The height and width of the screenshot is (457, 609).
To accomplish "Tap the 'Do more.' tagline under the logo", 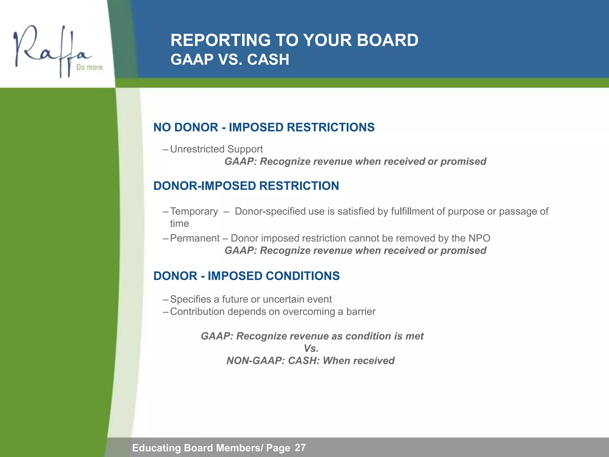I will pyautogui.click(x=90, y=67).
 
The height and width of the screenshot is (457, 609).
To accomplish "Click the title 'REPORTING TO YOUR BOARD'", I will pyautogui.click(x=294, y=40).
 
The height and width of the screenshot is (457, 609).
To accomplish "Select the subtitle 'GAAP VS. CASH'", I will pyautogui.click(x=230, y=60).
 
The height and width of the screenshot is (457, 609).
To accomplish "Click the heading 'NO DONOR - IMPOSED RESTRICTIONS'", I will pyautogui.click(x=264, y=127).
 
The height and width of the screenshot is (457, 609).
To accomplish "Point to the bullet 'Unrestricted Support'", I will pyautogui.click(x=216, y=149).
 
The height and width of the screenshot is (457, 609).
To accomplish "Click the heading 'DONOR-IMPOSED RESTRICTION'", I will pyautogui.click(x=246, y=186).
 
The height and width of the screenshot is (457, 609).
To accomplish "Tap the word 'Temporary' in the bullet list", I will pyautogui.click(x=194, y=211).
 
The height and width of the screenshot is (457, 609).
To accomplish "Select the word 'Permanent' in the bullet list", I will pyautogui.click(x=195, y=238).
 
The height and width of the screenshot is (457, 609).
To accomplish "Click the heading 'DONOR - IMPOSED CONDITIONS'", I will pyautogui.click(x=246, y=276).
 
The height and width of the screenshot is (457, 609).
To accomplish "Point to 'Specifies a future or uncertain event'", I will pyautogui.click(x=251, y=299).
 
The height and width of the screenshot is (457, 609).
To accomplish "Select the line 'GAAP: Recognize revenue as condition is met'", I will pyautogui.click(x=312, y=336).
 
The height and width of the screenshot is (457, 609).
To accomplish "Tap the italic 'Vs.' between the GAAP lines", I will pyautogui.click(x=311, y=348).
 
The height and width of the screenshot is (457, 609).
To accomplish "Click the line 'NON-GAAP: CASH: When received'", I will pyautogui.click(x=310, y=361).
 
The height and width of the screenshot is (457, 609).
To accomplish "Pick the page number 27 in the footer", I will pyautogui.click(x=300, y=447).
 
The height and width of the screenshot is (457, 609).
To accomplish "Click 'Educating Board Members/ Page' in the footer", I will pyautogui.click(x=211, y=448).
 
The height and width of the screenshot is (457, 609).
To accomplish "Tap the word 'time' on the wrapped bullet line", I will pyautogui.click(x=179, y=223).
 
